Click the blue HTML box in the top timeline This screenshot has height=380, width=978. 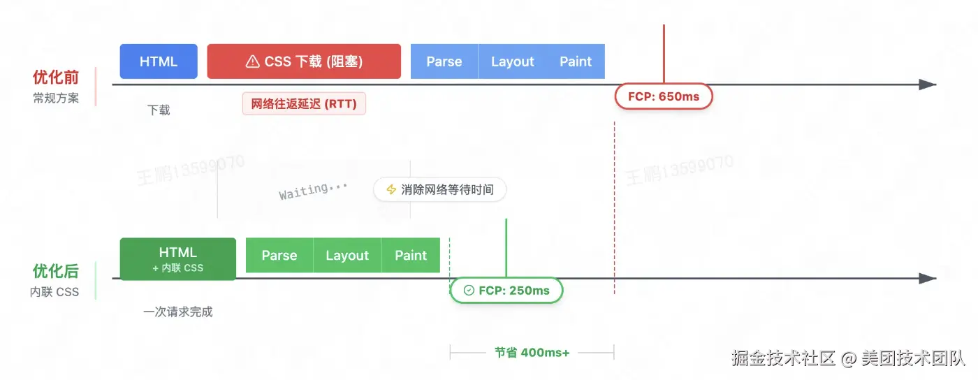159,61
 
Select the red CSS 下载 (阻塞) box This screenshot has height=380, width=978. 304,61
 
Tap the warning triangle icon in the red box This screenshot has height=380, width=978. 253,62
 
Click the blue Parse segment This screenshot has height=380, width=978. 444,61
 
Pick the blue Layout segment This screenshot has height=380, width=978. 512,61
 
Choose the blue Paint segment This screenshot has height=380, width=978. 576,61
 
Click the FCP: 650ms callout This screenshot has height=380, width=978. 663,96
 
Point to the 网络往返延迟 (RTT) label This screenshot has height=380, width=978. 304,104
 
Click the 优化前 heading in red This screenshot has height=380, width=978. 56,78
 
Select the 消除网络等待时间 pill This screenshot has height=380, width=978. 439,189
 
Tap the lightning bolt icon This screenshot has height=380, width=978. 391,189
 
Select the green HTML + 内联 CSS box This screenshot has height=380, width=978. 178,258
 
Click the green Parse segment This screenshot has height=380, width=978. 279,256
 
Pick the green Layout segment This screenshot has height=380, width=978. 347,256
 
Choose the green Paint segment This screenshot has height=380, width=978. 411,256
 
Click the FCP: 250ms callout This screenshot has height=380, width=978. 506,291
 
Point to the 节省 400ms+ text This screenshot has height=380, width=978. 532,353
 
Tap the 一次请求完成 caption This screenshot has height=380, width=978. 178,312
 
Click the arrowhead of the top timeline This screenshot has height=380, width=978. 927,85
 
